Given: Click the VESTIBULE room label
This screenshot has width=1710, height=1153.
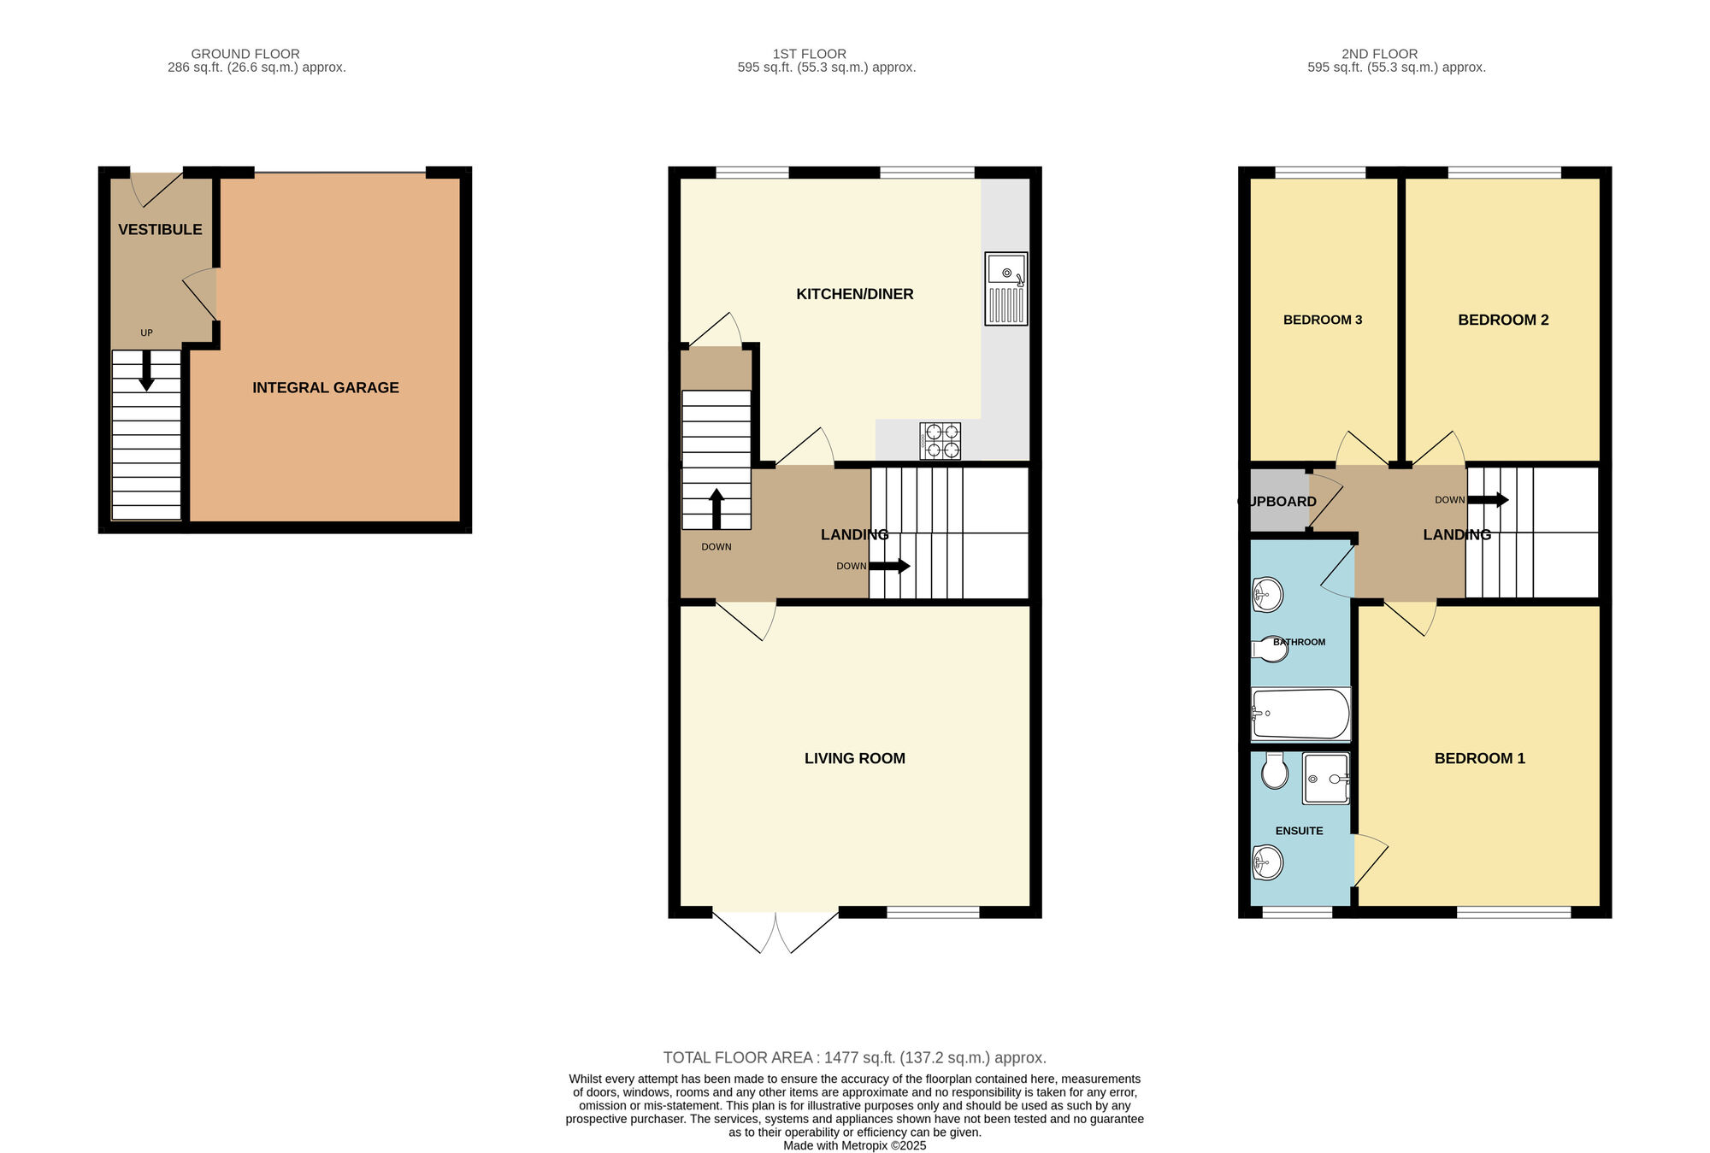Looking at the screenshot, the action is [x=160, y=229].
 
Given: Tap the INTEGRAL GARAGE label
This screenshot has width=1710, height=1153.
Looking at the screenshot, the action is [x=326, y=387].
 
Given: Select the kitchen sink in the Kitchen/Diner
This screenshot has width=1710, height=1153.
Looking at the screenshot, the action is [x=1006, y=288].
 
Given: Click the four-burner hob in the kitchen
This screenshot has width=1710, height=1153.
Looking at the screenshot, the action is [x=940, y=441].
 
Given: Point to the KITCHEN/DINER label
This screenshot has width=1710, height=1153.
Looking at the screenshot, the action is [x=855, y=294].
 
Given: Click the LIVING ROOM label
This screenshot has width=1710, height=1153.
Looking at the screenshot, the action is [x=855, y=758].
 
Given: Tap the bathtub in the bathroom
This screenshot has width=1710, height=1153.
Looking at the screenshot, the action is [x=1300, y=714].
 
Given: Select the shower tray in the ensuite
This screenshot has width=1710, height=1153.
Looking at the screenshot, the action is [x=1326, y=779].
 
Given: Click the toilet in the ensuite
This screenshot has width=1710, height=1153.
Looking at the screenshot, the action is [x=1275, y=771].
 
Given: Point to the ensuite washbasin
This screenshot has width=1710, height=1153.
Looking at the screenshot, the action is [x=1267, y=862].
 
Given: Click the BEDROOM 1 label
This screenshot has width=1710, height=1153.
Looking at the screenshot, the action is [x=1480, y=758].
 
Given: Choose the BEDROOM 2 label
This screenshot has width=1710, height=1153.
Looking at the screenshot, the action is [x=1503, y=320].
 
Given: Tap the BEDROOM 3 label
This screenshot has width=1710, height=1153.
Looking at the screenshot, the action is [x=1323, y=320].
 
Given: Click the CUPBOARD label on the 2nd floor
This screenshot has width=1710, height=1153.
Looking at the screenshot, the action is [x=1278, y=502].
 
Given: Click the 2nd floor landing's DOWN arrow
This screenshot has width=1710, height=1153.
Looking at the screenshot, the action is [x=1488, y=500].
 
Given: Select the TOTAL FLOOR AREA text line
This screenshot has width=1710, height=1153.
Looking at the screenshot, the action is [x=855, y=1057].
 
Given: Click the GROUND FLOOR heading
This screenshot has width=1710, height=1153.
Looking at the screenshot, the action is [x=245, y=54].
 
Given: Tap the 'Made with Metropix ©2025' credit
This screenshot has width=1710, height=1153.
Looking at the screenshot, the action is [x=855, y=1145].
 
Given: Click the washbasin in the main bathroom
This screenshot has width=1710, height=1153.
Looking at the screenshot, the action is [x=1267, y=595].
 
